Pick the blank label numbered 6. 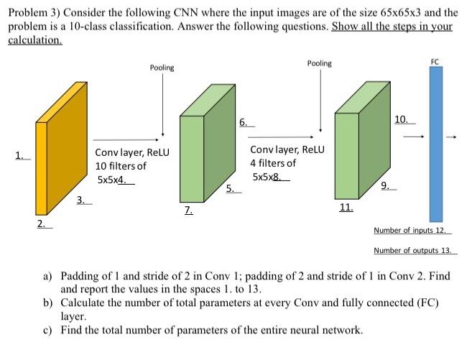(x=244, y=123)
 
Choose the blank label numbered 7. (x=188, y=211)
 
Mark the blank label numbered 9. (x=388, y=187)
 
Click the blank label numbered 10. (x=404, y=119)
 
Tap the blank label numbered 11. (x=346, y=208)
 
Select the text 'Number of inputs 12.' (x=412, y=231)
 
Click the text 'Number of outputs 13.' (x=415, y=251)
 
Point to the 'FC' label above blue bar (x=435, y=63)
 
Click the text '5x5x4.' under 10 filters (x=114, y=180)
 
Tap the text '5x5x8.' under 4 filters (x=269, y=176)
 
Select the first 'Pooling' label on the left (x=162, y=68)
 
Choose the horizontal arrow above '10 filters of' (x=125, y=141)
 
